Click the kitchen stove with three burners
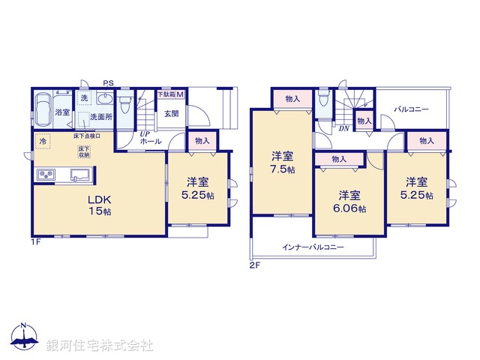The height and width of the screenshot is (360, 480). pyautogui.click(x=44, y=176)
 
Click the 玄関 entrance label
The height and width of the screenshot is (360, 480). pyautogui.click(x=172, y=114)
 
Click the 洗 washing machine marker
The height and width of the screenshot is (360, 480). pyautogui.click(x=83, y=99)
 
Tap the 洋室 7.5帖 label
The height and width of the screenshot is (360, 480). pyautogui.click(x=283, y=163)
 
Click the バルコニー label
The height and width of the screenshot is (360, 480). pyautogui.click(x=412, y=109)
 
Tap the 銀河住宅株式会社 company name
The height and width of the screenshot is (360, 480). pyautogui.click(x=100, y=344)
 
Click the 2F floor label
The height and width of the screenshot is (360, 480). pyautogui.click(x=254, y=265)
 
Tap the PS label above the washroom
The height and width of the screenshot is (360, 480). pyautogui.click(x=108, y=83)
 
